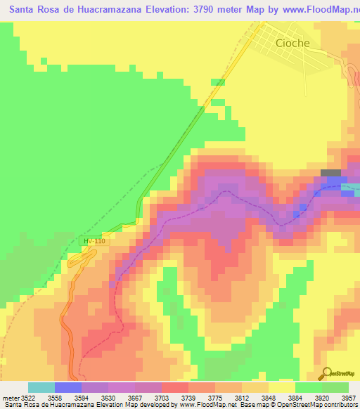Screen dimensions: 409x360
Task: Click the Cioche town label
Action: point(292,43)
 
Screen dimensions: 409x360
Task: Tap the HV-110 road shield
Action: point(94,242)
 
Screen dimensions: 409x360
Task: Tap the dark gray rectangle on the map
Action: point(330,173)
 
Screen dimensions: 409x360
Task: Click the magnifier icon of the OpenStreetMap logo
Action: point(327,373)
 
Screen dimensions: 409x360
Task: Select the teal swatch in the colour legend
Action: point(41,387)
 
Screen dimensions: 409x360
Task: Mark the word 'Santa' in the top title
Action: point(22,11)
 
